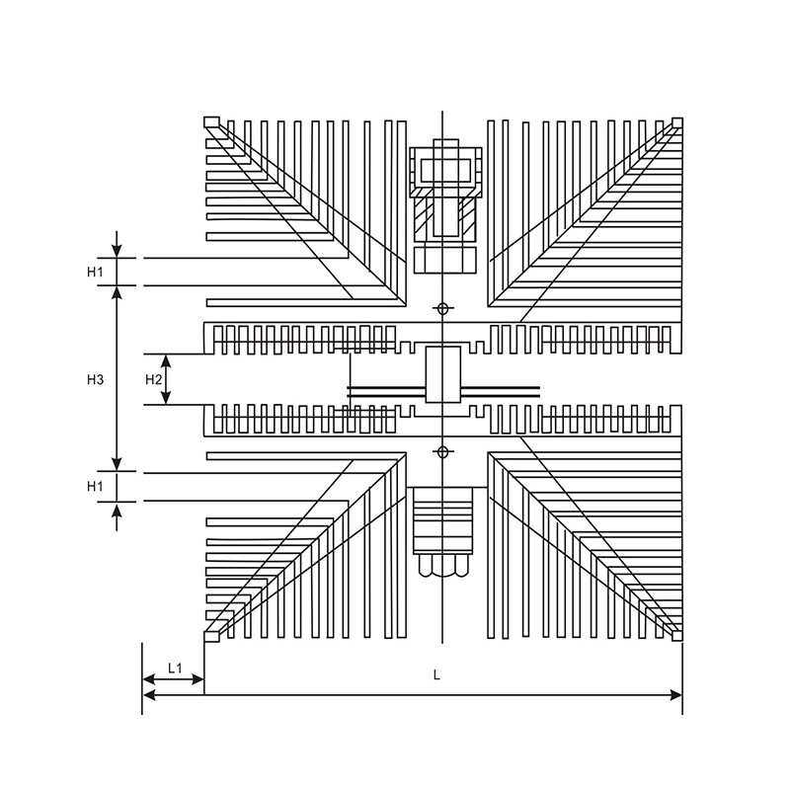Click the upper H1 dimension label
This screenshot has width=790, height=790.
[x=95, y=273]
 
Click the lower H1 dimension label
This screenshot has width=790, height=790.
[x=95, y=486]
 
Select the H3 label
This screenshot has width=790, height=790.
[x=95, y=379]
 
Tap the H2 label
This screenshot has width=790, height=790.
[x=153, y=379]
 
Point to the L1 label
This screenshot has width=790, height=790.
[x=175, y=669]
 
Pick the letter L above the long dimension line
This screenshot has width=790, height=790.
[x=436, y=674]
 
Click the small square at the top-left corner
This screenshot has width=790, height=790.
[x=211, y=121]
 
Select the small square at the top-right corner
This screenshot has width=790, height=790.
[x=677, y=122]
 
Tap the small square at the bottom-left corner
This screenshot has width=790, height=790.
[x=211, y=636]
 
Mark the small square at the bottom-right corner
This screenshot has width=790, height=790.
[x=677, y=636]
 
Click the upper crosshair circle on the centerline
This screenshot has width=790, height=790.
[x=442, y=308]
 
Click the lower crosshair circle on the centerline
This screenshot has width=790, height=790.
[x=442, y=452]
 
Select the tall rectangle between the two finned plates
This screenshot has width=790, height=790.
[x=442, y=374]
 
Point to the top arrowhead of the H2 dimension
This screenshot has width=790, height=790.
[x=166, y=360]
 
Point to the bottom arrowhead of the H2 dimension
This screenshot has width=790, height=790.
[x=166, y=398]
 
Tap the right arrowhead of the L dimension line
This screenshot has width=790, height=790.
[x=675, y=695]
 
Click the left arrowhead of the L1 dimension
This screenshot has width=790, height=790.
[x=149, y=679]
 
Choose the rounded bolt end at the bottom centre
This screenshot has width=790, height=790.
[x=442, y=566]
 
